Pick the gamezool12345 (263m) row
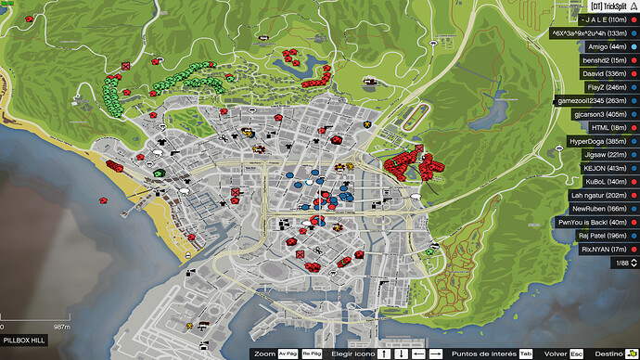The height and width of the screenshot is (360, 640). click(588, 100)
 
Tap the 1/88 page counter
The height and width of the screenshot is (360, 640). click(620, 264)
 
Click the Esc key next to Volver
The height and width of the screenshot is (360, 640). click(577, 354)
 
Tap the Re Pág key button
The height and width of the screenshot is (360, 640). click(313, 354)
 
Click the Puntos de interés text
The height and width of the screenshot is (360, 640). click(483, 354)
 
